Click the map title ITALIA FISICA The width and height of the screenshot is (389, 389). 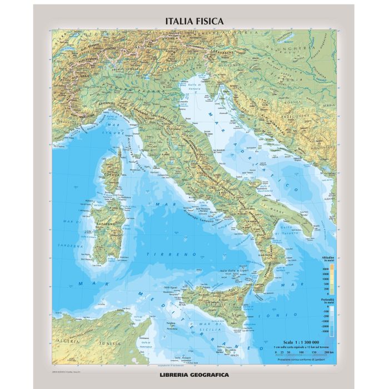(194, 21)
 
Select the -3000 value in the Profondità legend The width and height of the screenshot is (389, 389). (325, 330)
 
